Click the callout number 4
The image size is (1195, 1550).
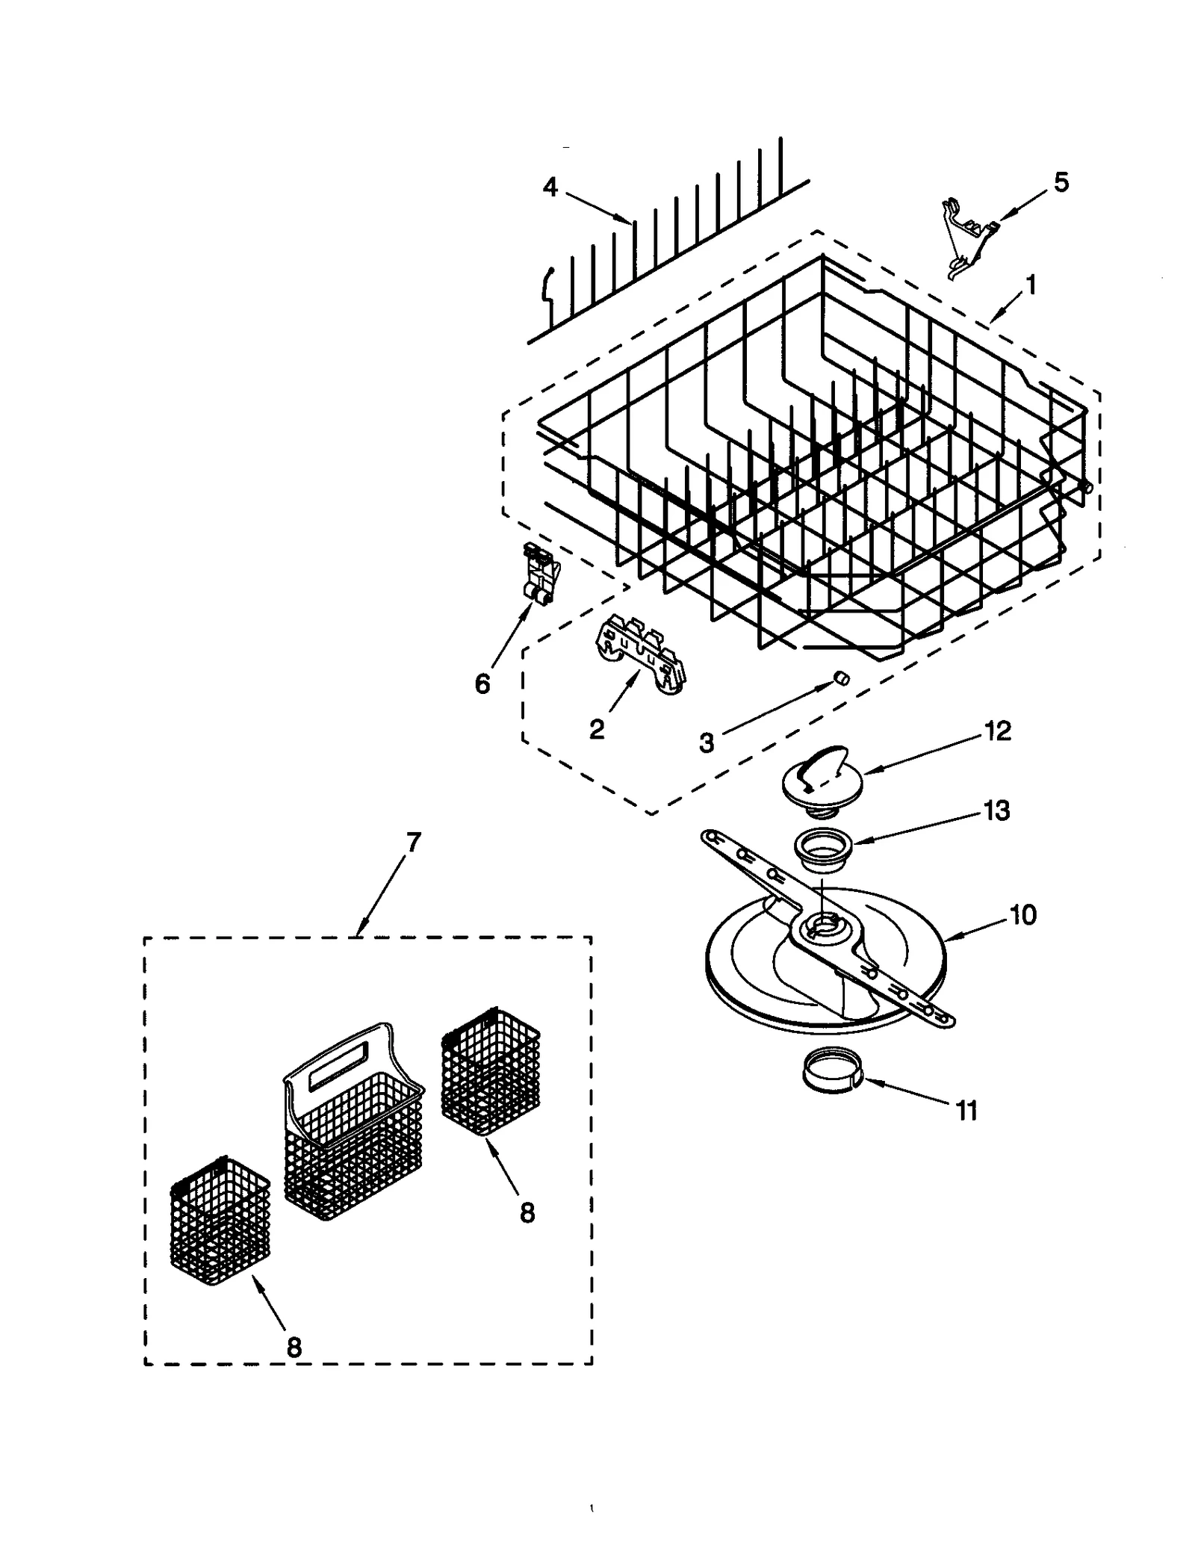pyautogui.click(x=550, y=187)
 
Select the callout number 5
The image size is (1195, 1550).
pyautogui.click(x=1061, y=182)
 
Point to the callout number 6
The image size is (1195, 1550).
pyautogui.click(x=482, y=683)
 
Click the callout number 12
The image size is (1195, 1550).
pyautogui.click(x=999, y=730)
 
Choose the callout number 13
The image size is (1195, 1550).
pyautogui.click(x=997, y=810)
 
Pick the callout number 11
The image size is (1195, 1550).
pyautogui.click(x=966, y=1112)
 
